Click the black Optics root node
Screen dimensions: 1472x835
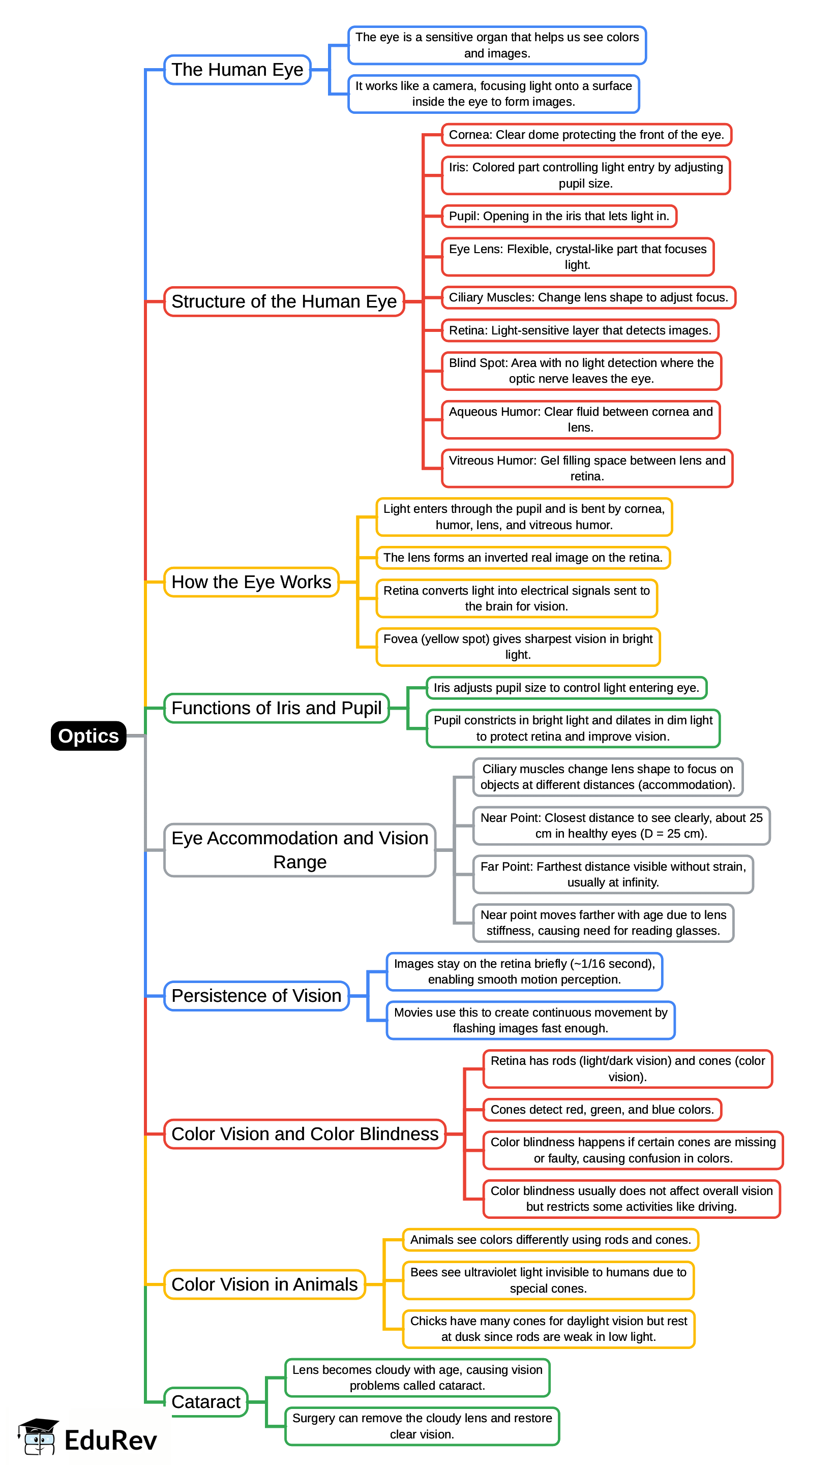88,735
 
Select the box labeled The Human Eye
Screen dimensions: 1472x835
237,70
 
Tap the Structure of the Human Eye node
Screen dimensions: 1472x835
284,301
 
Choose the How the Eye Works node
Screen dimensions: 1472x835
251,582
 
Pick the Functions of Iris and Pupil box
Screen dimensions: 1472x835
277,708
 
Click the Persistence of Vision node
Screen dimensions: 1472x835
256,996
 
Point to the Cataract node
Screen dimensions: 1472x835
206,1401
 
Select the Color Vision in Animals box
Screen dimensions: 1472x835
264,1284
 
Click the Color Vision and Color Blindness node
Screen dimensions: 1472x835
305,1134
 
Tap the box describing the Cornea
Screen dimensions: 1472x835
586,135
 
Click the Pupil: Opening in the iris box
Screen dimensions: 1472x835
558,216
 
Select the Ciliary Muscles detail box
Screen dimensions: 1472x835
588,297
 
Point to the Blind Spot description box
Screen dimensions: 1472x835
581,371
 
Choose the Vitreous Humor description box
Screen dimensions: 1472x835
587,468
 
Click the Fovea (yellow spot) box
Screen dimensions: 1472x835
518,647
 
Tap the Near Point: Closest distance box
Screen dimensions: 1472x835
621,825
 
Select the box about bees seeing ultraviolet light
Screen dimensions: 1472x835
548,1280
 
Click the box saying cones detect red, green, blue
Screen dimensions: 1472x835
602,1109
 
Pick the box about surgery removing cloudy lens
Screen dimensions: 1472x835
422,1426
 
